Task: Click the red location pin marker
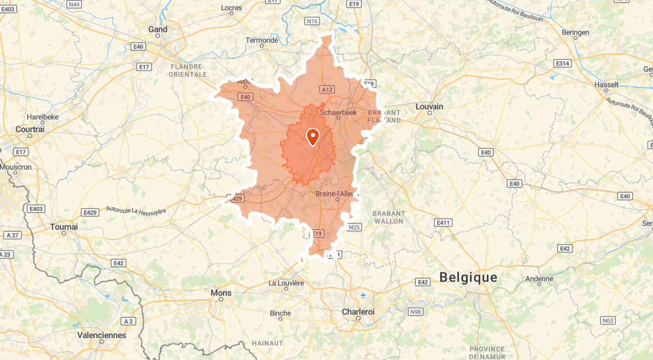[312, 137]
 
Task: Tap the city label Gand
[158, 29]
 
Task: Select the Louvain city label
[429, 106]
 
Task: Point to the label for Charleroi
[358, 312]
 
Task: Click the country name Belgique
[468, 277]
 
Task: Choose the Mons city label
[221, 293]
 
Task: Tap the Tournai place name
[64, 227]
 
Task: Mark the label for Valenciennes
[102, 335]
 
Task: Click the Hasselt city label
[606, 85]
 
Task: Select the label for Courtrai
[30, 129]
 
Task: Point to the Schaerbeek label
[338, 112]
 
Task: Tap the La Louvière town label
[286, 283]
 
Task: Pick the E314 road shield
[562, 63]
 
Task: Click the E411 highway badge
[443, 222]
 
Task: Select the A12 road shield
[327, 89]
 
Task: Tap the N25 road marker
[354, 227]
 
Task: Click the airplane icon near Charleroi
[362, 295]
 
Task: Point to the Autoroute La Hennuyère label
[137, 209]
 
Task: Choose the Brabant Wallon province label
[389, 217]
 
